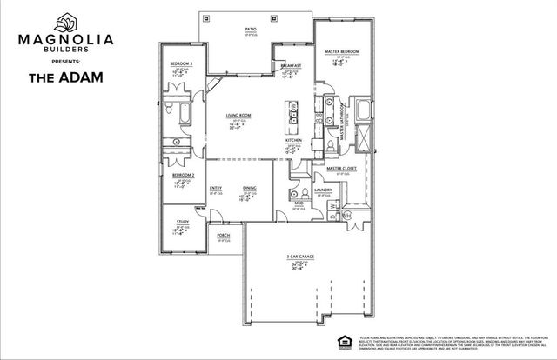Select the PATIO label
pyautogui.click(x=250, y=28)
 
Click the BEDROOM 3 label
pyautogui.click(x=180, y=64)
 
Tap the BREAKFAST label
pyautogui.click(x=290, y=66)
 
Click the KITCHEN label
pyautogui.click(x=293, y=141)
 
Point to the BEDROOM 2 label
pyautogui.click(x=183, y=175)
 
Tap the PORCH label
pyautogui.click(x=223, y=234)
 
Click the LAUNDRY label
pyautogui.click(x=325, y=190)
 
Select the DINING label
pyautogui.click(x=250, y=189)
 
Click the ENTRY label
pyautogui.click(x=216, y=189)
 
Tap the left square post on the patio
pyautogui.click(x=205, y=17)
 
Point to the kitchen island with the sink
pyautogui.click(x=293, y=115)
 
